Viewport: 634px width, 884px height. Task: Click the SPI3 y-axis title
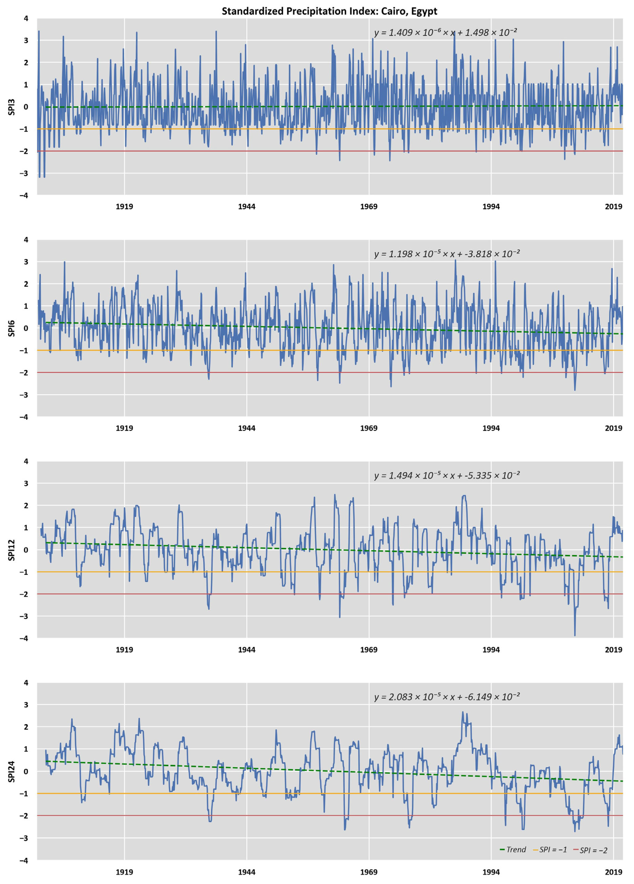point(11,107)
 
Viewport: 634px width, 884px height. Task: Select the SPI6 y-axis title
point(11,328)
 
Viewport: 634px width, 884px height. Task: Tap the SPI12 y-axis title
point(11,550)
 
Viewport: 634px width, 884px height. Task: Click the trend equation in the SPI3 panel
point(445,32)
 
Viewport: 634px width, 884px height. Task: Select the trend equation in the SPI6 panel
point(447,254)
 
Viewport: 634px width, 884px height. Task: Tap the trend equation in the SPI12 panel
point(447,475)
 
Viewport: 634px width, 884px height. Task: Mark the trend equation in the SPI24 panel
point(447,697)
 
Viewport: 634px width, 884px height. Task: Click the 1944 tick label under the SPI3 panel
point(246,207)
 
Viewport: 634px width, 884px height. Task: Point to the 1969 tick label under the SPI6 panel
point(369,428)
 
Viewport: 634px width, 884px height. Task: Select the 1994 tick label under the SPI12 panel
point(491,650)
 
